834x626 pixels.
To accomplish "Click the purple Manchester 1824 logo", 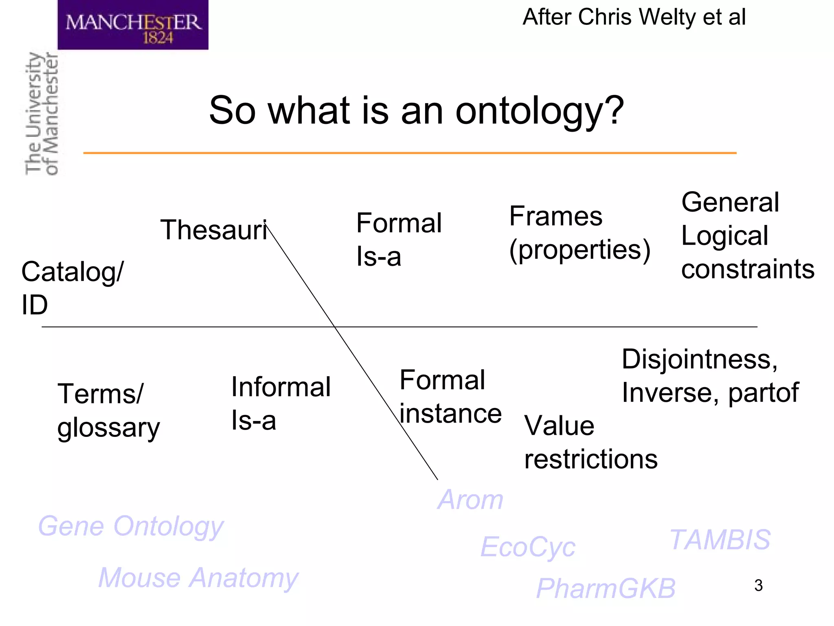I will (x=133, y=25).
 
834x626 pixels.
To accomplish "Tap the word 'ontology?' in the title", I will (x=539, y=111).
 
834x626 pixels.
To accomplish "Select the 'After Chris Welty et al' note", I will (x=634, y=17).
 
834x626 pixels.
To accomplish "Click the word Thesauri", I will (x=213, y=230).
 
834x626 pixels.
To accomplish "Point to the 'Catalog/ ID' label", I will (x=72, y=287).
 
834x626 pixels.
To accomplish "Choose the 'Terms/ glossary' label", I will (x=108, y=410).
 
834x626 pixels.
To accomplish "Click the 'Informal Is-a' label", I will (x=280, y=403).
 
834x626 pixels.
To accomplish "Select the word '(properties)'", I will (x=579, y=250).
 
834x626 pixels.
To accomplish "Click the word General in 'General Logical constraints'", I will (x=730, y=202).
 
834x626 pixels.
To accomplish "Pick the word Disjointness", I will (x=699, y=359).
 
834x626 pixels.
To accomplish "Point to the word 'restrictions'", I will (x=590, y=459).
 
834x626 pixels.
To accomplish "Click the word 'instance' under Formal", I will (x=450, y=414).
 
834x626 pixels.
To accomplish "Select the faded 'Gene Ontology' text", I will (x=131, y=527).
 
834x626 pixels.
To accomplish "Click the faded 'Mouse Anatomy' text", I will (x=198, y=578).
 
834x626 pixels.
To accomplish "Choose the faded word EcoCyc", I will (x=528, y=547).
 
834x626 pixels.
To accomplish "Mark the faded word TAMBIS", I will (x=720, y=540).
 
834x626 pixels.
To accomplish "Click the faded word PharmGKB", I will (x=606, y=589).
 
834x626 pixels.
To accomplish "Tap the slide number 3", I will (x=758, y=586).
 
